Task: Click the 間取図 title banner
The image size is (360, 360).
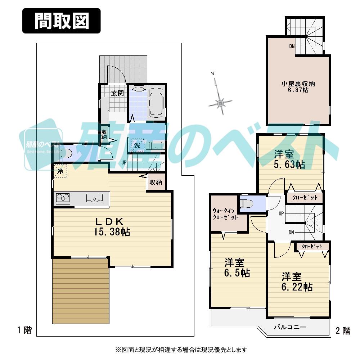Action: (x=62, y=21)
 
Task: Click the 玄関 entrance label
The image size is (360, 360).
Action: (x=117, y=93)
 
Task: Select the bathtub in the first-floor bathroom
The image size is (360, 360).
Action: (x=156, y=103)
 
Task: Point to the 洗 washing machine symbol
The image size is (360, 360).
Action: (x=137, y=145)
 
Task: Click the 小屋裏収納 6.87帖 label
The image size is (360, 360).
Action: (x=298, y=87)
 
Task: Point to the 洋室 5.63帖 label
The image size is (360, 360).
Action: (x=289, y=159)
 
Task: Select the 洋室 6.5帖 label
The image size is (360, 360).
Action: (x=237, y=267)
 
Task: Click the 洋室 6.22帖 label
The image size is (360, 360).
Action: (x=296, y=282)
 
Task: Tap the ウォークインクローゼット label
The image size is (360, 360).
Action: (x=225, y=214)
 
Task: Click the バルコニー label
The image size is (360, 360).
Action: (x=290, y=327)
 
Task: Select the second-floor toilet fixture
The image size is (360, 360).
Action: (x=248, y=204)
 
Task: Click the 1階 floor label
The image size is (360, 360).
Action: (x=24, y=330)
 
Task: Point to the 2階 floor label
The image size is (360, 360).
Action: (x=342, y=330)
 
